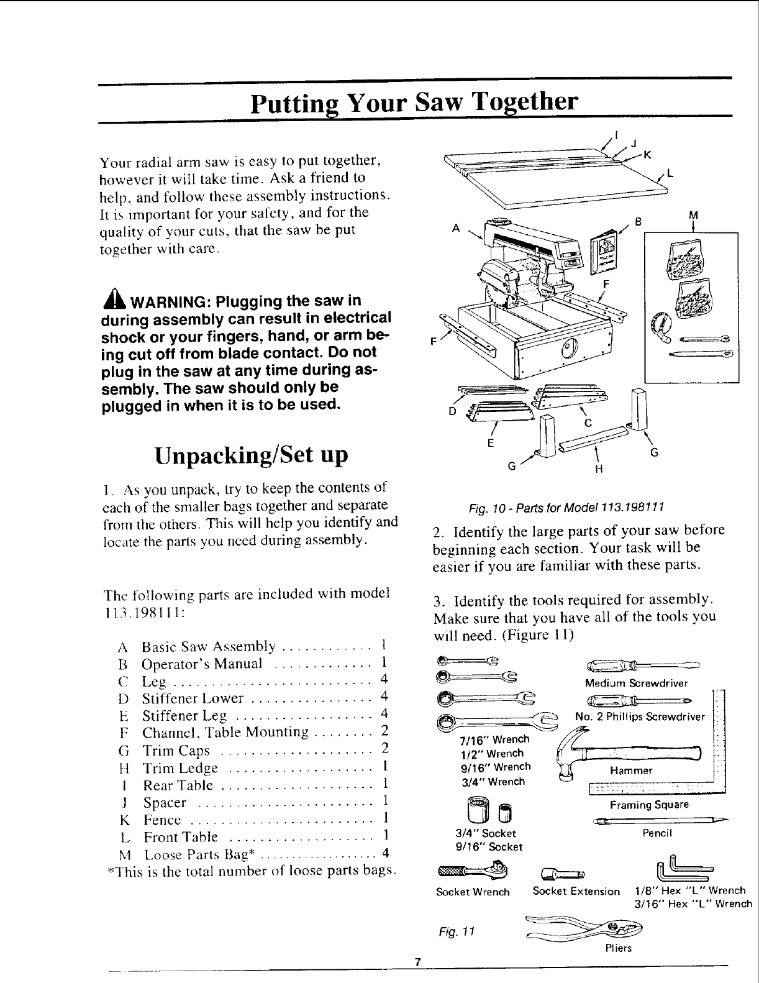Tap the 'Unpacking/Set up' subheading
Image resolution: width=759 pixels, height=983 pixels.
(x=251, y=455)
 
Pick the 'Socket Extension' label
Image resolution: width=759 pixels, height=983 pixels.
(x=576, y=892)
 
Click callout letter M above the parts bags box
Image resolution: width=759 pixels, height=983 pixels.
(x=694, y=215)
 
